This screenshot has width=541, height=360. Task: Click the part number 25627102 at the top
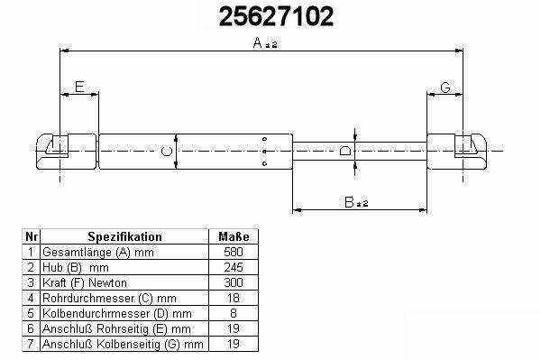click(277, 16)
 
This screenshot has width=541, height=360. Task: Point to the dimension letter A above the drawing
click(258, 42)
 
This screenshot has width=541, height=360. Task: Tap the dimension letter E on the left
click(79, 87)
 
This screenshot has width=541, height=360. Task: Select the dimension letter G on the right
click(445, 88)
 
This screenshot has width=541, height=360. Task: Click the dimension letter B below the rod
click(349, 202)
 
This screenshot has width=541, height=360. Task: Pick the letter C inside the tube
click(167, 151)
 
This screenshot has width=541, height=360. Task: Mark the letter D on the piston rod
click(345, 151)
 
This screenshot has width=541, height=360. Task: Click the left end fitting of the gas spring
click(66, 152)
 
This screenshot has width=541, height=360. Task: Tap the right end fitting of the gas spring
click(457, 152)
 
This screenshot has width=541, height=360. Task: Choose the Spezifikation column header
click(124, 236)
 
